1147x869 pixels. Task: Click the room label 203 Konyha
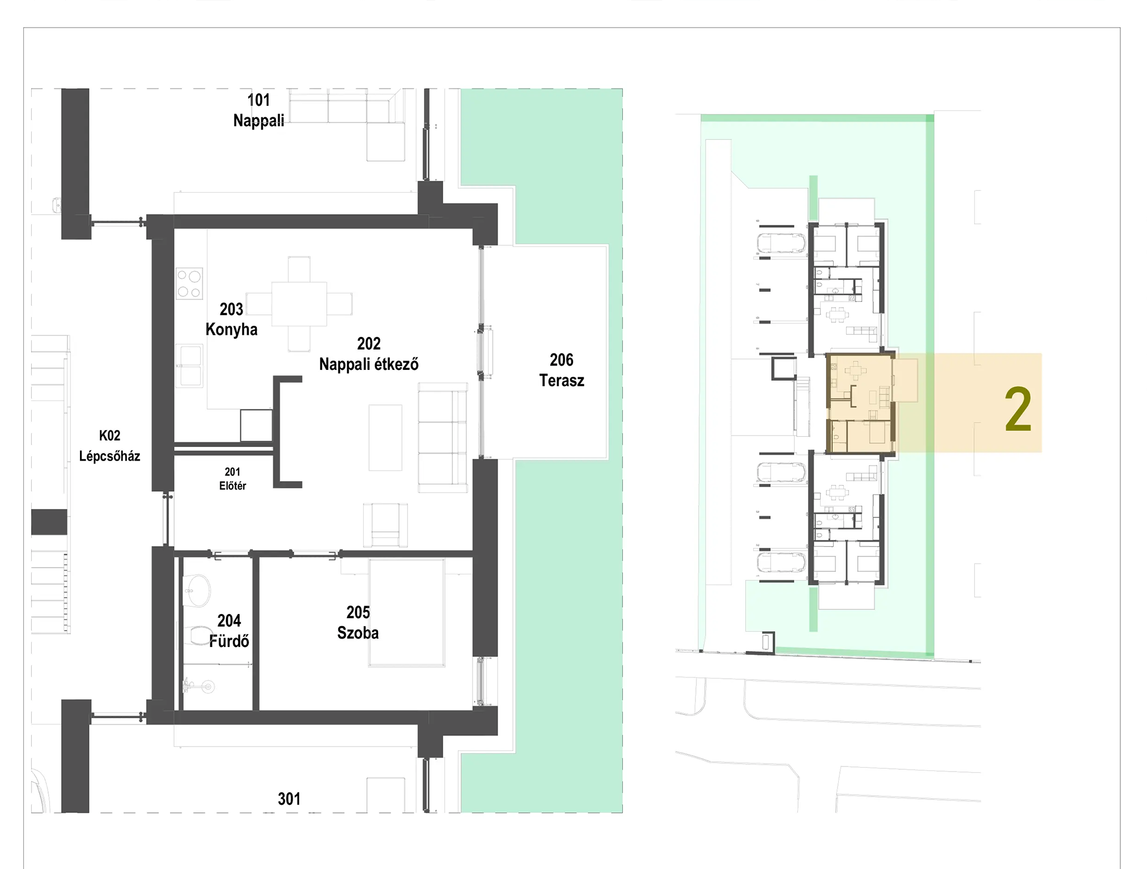(x=231, y=319)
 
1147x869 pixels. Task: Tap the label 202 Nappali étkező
(x=369, y=353)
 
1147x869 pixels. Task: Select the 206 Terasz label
(x=562, y=370)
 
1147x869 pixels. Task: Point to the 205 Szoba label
(x=358, y=623)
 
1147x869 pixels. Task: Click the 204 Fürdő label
(x=229, y=631)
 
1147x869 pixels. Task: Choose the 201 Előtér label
(x=232, y=479)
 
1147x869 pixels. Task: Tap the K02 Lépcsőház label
(x=109, y=446)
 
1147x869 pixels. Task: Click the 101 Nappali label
(x=258, y=110)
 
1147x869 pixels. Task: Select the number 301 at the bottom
(x=289, y=799)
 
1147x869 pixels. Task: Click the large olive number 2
(x=1018, y=410)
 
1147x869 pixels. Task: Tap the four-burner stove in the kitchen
(x=189, y=284)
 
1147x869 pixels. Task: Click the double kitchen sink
(x=189, y=366)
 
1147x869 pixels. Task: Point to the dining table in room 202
(x=299, y=304)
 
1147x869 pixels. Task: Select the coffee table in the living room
(x=385, y=437)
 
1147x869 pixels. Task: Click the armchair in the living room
(x=385, y=525)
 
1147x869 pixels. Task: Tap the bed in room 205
(x=406, y=612)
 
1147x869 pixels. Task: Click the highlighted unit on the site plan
(x=860, y=403)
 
